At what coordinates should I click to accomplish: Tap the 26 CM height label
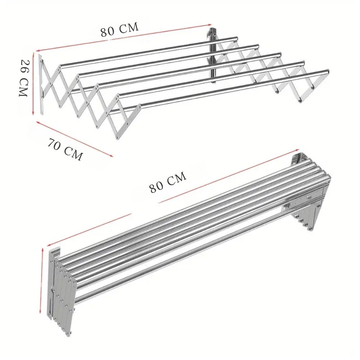[x=23, y=78]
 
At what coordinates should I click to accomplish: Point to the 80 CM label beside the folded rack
[x=168, y=183]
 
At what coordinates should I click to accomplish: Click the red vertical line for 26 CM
[x=33, y=85]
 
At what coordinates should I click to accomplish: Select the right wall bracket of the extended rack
[x=212, y=54]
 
